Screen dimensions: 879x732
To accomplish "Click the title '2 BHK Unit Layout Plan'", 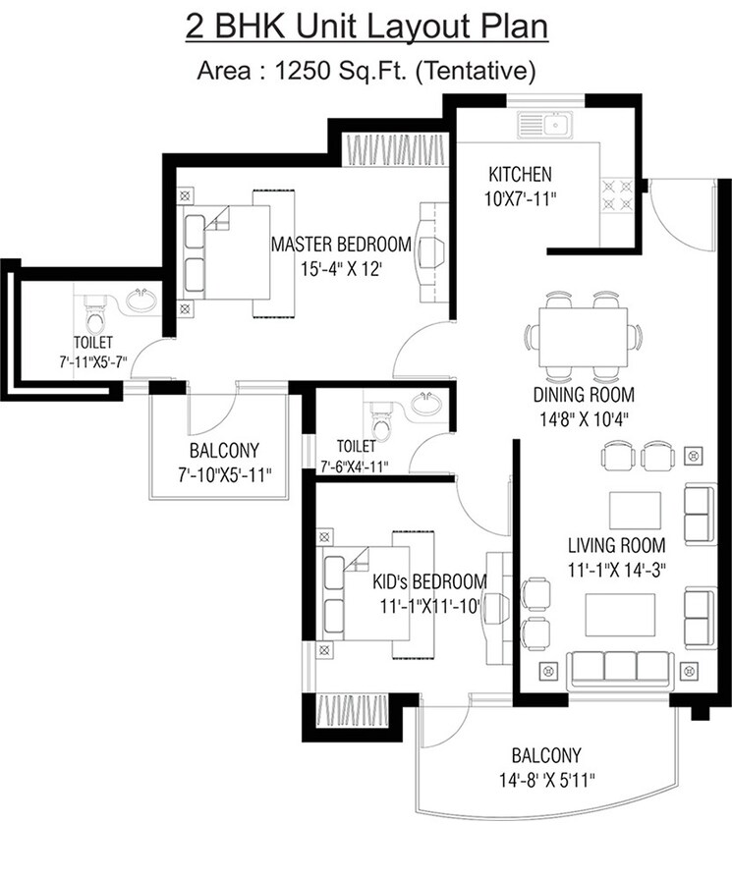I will pos(366,26).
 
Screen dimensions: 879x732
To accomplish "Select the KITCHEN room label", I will pos(520,175).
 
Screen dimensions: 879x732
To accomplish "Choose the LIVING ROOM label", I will pos(616,545).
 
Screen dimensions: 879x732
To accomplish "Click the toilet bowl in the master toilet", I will pos(95,314).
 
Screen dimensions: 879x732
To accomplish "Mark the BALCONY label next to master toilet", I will pos(224,451).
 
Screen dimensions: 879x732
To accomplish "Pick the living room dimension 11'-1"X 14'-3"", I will pos(617,569).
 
